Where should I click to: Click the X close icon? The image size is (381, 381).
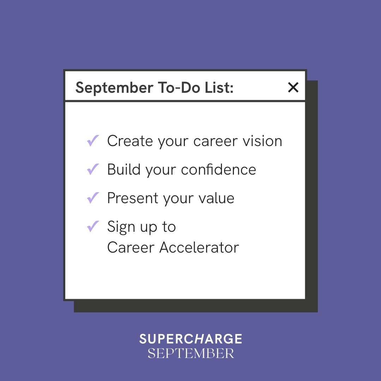(x=293, y=87)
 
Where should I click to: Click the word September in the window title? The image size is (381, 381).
(x=114, y=88)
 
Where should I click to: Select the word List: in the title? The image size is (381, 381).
(x=219, y=87)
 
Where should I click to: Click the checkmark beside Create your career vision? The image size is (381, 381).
(x=93, y=141)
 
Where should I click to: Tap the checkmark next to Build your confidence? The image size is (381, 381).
(x=93, y=169)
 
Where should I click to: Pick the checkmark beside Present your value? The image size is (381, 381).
(x=93, y=198)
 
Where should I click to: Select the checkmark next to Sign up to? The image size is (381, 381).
(x=93, y=226)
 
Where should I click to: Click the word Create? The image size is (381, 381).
(x=130, y=141)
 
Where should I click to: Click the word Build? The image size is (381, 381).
(x=124, y=169)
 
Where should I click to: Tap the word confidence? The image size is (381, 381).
(x=218, y=169)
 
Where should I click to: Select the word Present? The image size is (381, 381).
(x=133, y=198)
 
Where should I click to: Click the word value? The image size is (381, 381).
(x=217, y=198)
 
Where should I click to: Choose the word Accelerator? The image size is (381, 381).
(x=199, y=247)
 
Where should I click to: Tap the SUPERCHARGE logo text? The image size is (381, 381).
(x=191, y=339)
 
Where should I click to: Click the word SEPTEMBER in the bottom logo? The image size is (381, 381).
(x=191, y=353)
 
